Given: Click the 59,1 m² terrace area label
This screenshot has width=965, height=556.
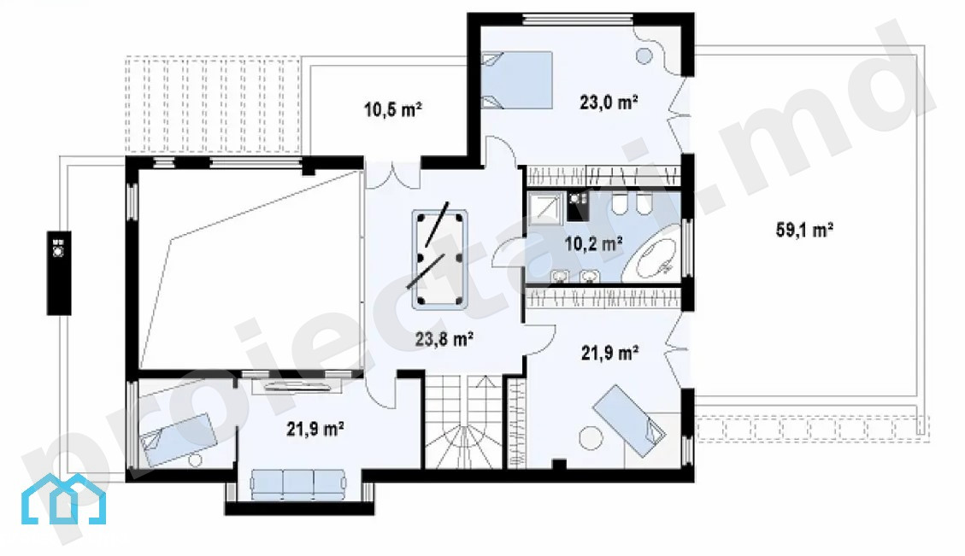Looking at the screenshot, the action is (x=804, y=230).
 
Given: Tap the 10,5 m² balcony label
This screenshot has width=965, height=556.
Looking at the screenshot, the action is (x=392, y=109).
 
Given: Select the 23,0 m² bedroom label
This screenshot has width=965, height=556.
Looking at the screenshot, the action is (x=609, y=102).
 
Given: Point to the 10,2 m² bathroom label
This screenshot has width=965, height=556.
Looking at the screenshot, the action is (x=593, y=243).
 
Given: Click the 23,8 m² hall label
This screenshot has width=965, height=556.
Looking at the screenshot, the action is (x=444, y=338).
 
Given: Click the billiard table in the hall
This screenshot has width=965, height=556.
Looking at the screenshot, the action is (x=439, y=259).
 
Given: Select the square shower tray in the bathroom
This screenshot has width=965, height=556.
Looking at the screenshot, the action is (x=545, y=208).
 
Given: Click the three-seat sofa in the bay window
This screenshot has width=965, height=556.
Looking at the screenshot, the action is (x=297, y=483).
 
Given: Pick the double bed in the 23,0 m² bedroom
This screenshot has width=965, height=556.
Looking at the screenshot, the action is (x=516, y=80).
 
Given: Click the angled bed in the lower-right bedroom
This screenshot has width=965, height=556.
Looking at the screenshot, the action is (x=629, y=421).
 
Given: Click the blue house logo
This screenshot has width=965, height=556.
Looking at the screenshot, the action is (x=63, y=500).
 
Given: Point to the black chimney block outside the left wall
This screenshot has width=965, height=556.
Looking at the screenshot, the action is (x=59, y=273).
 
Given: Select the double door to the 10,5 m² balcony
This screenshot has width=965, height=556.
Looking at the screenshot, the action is (x=392, y=173).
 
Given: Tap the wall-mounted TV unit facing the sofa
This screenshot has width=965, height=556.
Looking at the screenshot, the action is (x=297, y=386).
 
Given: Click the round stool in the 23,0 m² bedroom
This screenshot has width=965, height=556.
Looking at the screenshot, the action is (x=644, y=56).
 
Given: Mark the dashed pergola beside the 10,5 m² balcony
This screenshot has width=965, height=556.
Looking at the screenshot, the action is (x=213, y=105).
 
